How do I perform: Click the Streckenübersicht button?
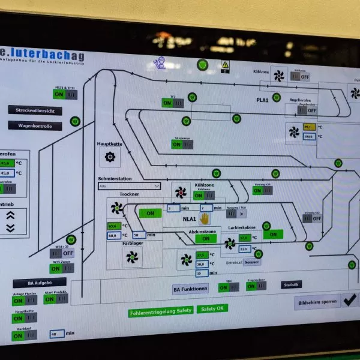click(35, 110)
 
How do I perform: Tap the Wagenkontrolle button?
click(35, 126)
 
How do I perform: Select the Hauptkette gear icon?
click(110, 157)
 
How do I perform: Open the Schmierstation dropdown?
click(129, 187)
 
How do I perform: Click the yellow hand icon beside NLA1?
click(205, 218)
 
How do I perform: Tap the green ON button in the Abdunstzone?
click(206, 238)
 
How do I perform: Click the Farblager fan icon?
click(132, 257)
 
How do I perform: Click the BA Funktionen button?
click(191, 289)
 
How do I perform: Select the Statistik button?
click(292, 285)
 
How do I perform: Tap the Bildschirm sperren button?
click(316, 302)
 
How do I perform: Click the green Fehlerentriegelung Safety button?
click(160, 311)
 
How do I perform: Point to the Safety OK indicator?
click(213, 308)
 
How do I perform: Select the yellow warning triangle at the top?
click(226, 64)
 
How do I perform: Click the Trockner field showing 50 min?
click(139, 235)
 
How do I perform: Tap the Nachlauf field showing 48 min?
click(58, 334)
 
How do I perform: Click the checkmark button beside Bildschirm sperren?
click(349, 301)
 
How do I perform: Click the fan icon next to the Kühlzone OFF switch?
click(280, 76)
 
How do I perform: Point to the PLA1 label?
click(262, 100)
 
